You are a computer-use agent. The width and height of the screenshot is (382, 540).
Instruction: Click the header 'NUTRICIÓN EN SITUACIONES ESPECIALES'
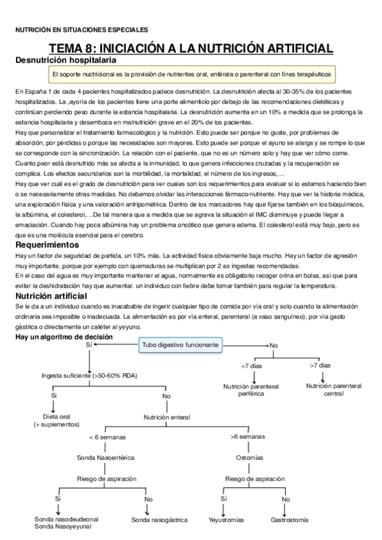81,29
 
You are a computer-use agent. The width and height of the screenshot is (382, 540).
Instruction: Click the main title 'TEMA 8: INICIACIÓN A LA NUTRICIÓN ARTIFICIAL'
191,48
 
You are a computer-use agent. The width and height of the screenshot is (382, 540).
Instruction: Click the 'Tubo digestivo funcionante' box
180,345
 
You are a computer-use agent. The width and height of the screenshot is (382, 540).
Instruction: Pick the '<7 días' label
250,366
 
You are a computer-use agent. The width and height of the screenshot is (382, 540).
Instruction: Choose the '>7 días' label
320,366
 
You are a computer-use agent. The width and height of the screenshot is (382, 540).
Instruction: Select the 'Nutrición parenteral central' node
334,390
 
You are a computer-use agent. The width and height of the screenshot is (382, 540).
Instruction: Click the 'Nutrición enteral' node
166,417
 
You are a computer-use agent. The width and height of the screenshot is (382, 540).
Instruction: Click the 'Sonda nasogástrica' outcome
159,520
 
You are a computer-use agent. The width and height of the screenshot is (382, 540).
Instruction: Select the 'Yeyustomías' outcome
226,520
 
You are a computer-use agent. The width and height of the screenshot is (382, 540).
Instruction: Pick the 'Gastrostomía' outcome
290,520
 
